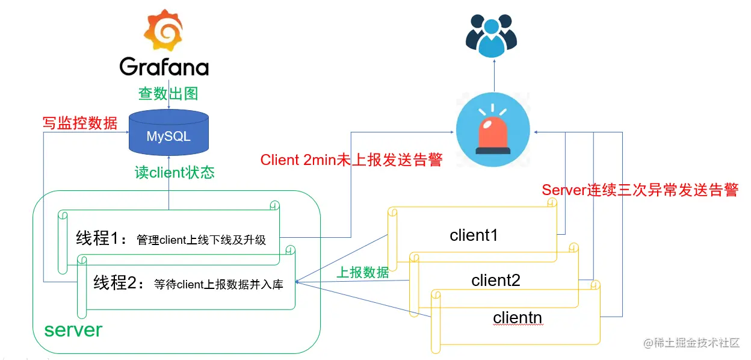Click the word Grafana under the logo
click(x=164, y=66)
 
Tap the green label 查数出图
click(x=168, y=94)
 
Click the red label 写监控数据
click(x=80, y=123)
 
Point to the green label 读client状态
click(x=174, y=173)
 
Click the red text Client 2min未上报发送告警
click(x=351, y=160)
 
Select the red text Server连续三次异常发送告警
click(x=640, y=190)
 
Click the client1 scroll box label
click(x=474, y=235)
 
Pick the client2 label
click(x=496, y=281)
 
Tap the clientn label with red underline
click(x=518, y=317)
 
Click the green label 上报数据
click(x=362, y=272)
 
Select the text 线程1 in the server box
click(x=101, y=238)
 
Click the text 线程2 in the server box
click(x=118, y=284)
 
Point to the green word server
click(x=73, y=330)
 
